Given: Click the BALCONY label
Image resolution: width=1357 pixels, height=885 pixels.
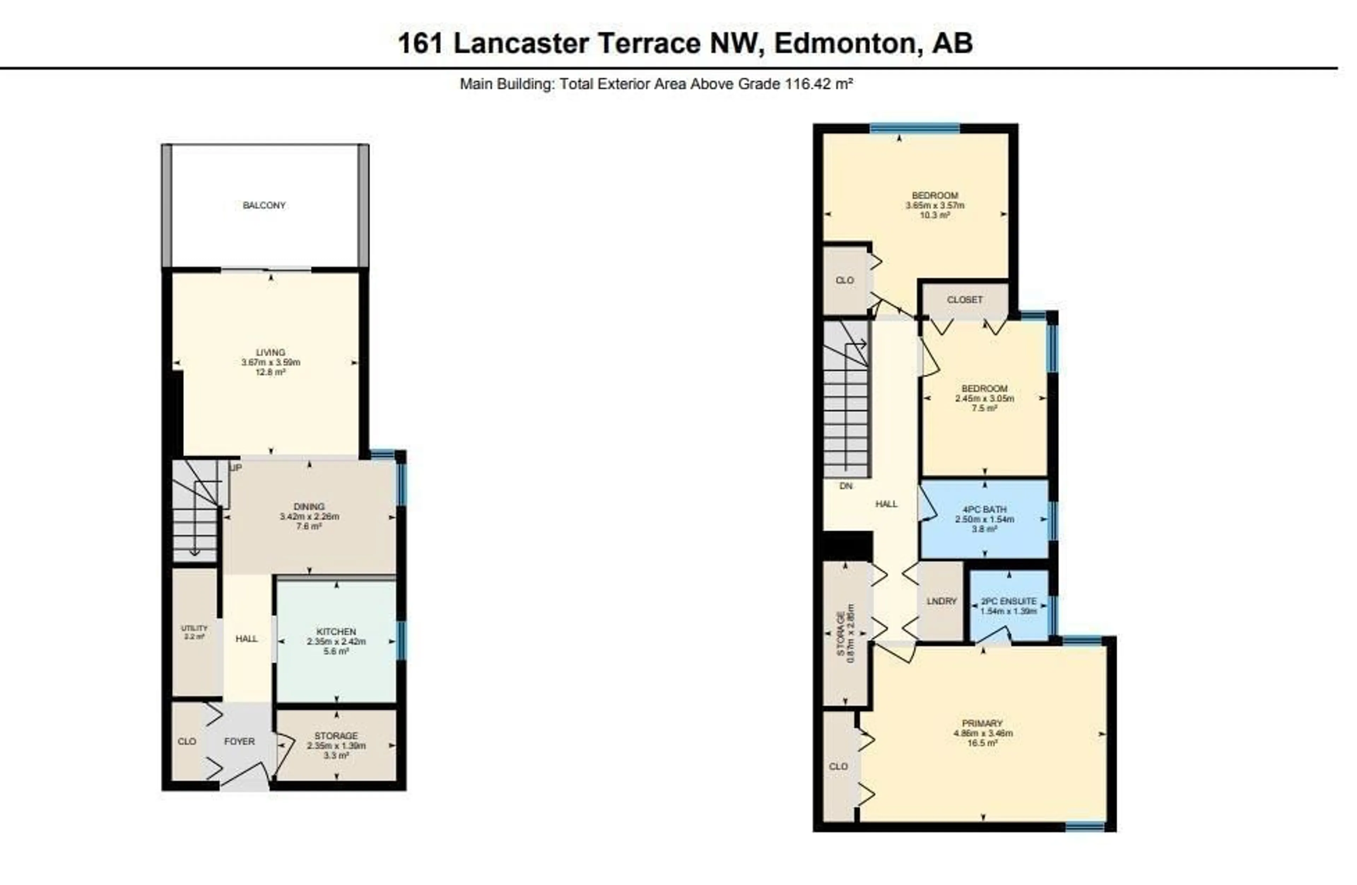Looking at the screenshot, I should (x=264, y=205).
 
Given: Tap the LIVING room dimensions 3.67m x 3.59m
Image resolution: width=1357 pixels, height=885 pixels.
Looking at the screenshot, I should (x=270, y=363).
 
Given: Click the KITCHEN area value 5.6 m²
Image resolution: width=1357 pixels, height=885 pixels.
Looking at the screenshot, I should (x=336, y=651).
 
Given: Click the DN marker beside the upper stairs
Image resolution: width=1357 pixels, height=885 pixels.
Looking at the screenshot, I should (x=846, y=486).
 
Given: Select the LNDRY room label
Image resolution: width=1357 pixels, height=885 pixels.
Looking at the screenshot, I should (x=941, y=602).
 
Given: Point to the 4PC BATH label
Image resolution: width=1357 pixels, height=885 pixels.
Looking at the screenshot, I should (x=985, y=510).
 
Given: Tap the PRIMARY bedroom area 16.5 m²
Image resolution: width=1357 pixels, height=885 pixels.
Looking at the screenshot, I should (x=982, y=744).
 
